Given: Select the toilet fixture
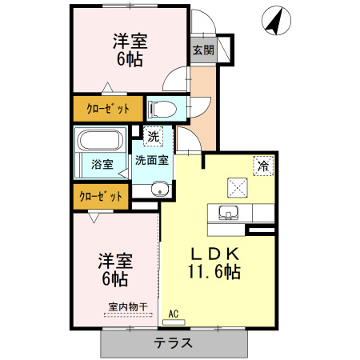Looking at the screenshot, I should click(x=161, y=108).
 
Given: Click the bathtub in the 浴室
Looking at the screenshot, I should click(x=100, y=145).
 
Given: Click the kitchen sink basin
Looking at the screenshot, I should click(x=226, y=214).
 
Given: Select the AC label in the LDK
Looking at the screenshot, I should click(x=171, y=314).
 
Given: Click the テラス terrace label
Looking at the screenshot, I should click(x=173, y=344).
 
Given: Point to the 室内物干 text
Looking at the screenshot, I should click(x=128, y=306).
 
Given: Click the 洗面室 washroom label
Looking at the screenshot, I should click(x=151, y=160).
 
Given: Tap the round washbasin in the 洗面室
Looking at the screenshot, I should click(x=159, y=189).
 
